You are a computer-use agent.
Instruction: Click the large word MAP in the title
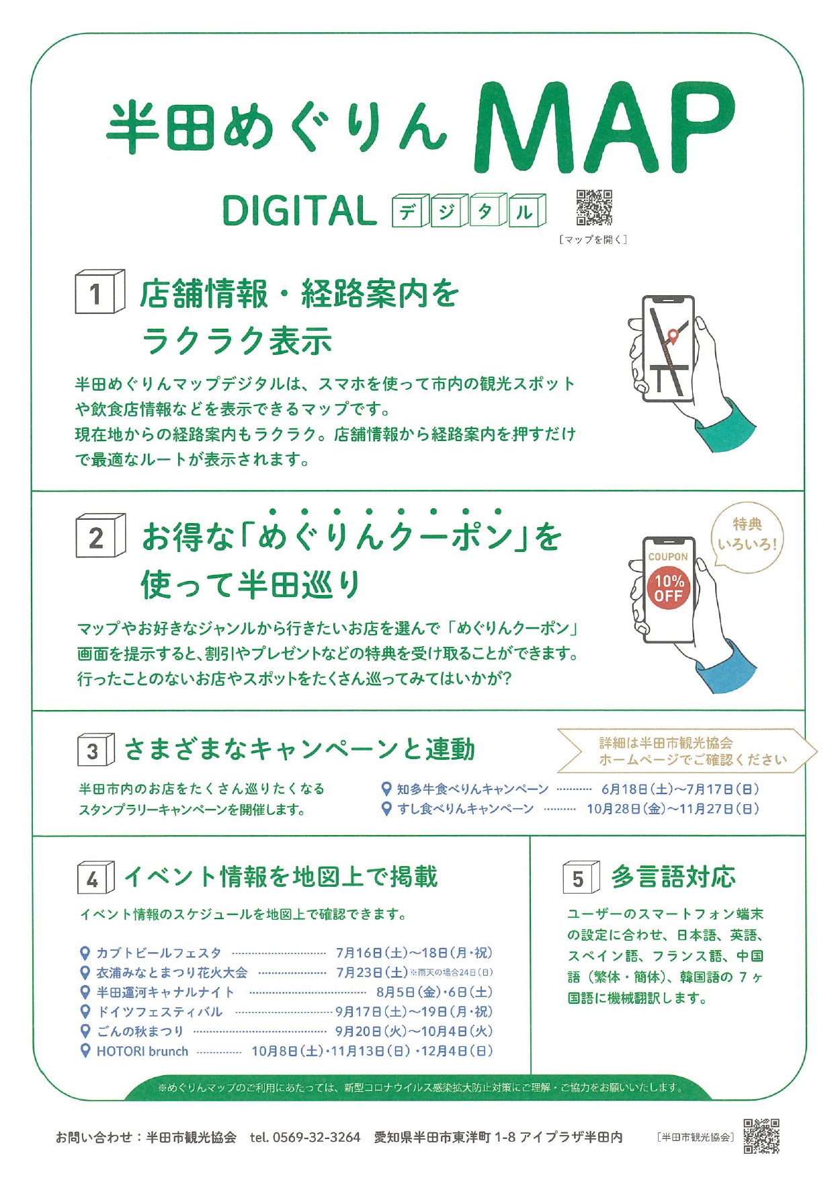605,128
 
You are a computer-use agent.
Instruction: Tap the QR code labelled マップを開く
594,207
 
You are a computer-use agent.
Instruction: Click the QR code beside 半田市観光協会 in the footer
761,1136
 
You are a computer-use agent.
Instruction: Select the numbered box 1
99,292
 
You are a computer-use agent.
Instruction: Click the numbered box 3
96,750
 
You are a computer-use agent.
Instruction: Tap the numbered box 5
581,877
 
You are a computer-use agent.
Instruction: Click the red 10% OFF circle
669,588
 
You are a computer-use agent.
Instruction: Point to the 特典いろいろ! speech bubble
747,537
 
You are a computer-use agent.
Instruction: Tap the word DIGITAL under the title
299,211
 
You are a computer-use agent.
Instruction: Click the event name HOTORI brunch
142,1051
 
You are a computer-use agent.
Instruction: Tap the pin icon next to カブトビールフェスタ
85,953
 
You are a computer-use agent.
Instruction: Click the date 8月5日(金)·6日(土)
434,992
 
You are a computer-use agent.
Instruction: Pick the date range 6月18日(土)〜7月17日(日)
680,789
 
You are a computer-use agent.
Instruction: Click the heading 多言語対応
673,877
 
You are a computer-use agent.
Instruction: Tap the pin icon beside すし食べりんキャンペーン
386,808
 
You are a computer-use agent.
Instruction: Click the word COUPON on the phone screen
668,557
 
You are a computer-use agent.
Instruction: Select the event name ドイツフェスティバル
160,1012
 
